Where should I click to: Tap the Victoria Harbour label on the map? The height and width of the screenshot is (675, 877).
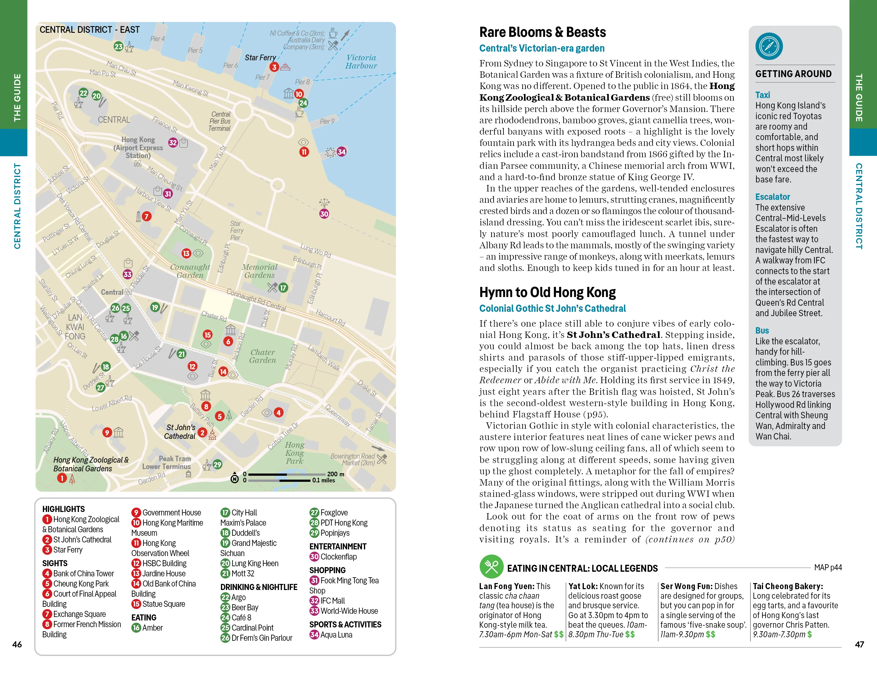pyautogui.click(x=361, y=62)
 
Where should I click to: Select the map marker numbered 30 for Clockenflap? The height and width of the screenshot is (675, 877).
pyautogui.click(x=324, y=214)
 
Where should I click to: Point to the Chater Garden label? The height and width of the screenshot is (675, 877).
pyautogui.click(x=263, y=356)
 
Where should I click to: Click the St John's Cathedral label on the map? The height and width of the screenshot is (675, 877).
pyautogui.click(x=180, y=432)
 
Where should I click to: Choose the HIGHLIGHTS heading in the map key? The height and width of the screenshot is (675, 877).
pyautogui.click(x=64, y=509)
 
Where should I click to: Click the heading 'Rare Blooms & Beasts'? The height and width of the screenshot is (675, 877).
pyautogui.click(x=543, y=32)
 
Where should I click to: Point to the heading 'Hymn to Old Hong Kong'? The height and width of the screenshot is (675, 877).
pyautogui.click(x=547, y=292)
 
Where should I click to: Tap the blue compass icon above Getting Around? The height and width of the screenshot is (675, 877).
pyautogui.click(x=769, y=46)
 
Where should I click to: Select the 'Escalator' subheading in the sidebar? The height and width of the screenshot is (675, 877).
pyautogui.click(x=772, y=197)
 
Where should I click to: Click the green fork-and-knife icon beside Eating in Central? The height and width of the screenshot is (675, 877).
pyautogui.click(x=491, y=567)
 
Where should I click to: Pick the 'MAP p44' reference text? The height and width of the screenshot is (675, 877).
pyautogui.click(x=828, y=567)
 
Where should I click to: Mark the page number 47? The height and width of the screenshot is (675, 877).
pyautogui.click(x=859, y=645)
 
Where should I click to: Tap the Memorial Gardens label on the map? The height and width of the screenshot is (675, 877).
pyautogui.click(x=259, y=271)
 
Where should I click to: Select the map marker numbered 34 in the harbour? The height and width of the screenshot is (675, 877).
pyautogui.click(x=341, y=152)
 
